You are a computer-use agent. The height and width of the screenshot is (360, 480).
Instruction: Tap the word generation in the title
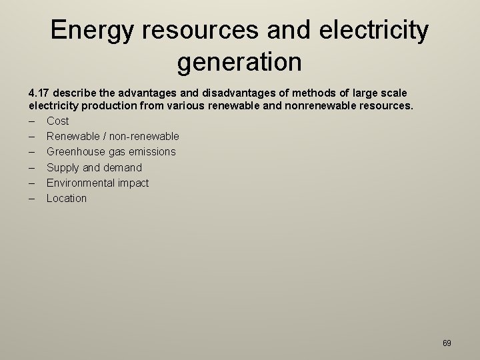click(239, 62)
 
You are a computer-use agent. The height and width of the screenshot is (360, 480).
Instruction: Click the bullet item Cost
click(57, 121)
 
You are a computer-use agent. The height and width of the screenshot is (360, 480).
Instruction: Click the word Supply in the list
click(63, 167)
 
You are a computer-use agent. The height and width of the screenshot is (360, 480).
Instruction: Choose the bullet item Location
click(66, 198)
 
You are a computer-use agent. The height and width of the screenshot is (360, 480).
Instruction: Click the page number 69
click(447, 343)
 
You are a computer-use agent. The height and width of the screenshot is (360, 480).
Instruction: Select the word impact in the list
click(133, 183)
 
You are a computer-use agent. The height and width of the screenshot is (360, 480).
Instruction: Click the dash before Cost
click(31, 121)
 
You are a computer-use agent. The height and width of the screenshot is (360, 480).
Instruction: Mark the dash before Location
click(31, 198)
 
